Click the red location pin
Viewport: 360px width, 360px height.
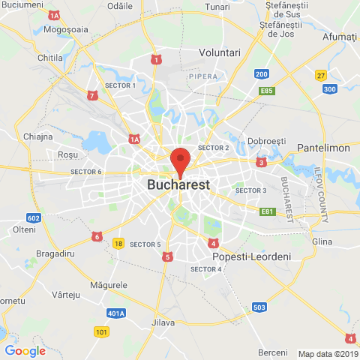click(179, 161)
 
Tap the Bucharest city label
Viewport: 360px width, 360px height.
click(179, 184)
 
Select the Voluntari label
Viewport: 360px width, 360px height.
click(219, 52)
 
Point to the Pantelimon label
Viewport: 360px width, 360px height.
click(323, 148)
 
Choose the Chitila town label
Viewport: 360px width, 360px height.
click(50, 58)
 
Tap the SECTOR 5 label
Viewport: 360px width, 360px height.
click(145, 244)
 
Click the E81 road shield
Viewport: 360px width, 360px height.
click(267, 211)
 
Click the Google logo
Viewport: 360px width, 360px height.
click(25, 350)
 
